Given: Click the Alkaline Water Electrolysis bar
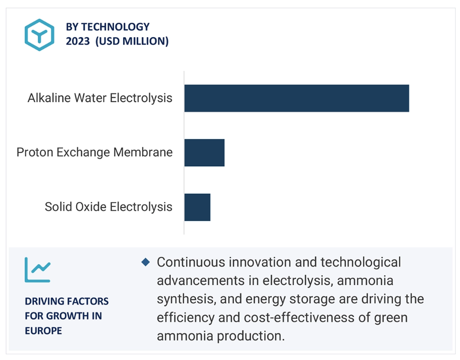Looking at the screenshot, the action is (297, 98).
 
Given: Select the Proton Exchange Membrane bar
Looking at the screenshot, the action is (205, 153).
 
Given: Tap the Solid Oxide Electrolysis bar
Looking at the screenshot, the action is (197, 207).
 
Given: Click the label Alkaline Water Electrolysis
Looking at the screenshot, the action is (100, 98).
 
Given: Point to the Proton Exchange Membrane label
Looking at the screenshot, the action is (95, 153).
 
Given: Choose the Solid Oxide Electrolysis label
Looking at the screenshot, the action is (108, 207).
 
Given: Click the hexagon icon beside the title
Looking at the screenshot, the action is (39, 35).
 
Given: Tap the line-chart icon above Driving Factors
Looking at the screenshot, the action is (37, 270).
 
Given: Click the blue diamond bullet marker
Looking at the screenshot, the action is (145, 262).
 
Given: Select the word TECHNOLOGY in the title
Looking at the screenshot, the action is (115, 27).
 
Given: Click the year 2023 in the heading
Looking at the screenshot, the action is (78, 41).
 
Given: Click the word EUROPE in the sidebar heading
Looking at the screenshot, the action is (44, 330).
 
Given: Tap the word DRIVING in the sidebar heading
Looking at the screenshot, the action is (43, 301).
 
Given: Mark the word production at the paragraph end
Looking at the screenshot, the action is (251, 336).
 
